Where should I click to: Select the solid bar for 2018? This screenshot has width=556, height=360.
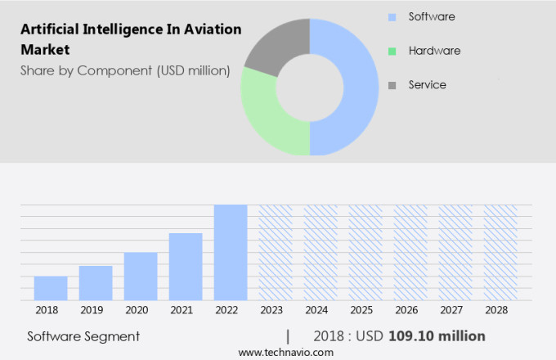[51, 288]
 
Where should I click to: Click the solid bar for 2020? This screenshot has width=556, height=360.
[141, 276]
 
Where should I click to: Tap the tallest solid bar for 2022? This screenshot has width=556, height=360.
[231, 252]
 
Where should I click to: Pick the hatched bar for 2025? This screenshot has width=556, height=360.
[365, 252]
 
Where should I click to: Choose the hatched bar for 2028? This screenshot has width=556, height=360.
[500, 252]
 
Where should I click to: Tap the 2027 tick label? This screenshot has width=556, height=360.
[455, 311]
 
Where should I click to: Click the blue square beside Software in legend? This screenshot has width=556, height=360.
[392, 17]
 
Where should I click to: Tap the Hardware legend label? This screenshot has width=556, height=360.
[434, 51]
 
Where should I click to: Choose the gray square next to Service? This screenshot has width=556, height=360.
[392, 85]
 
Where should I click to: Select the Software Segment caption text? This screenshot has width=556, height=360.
[83, 336]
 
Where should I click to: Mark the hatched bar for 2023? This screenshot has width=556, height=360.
[276, 252]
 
